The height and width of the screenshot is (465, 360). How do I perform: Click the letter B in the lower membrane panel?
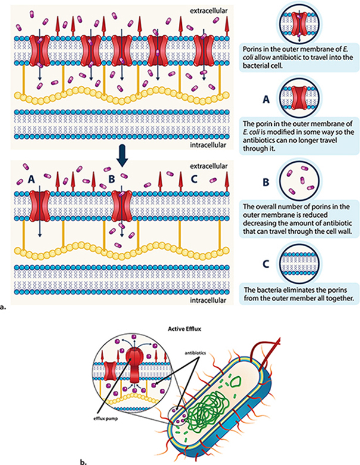pyautogui.click(x=111, y=177)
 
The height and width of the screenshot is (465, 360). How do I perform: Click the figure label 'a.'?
pyautogui.click(x=4, y=308)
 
